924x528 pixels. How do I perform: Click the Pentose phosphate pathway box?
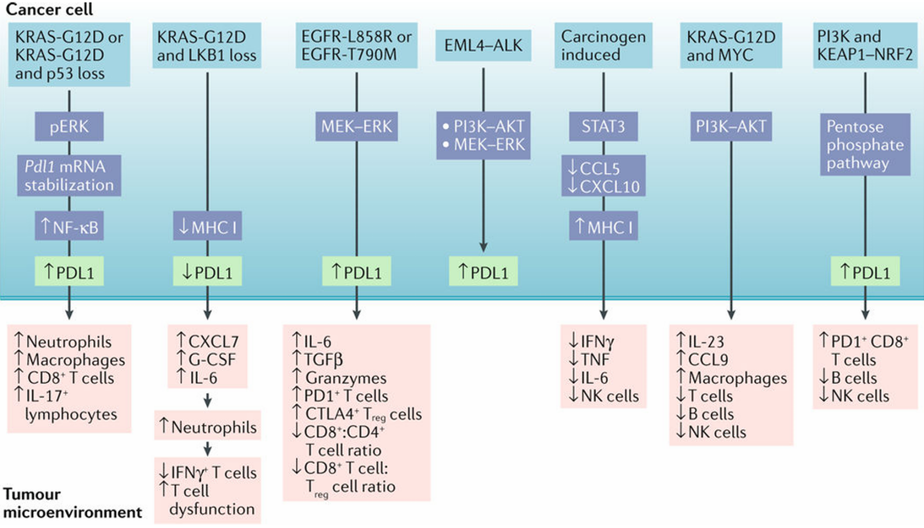click(865, 144)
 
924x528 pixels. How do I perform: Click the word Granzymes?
click(348, 378)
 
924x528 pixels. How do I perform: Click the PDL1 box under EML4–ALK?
click(483, 273)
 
